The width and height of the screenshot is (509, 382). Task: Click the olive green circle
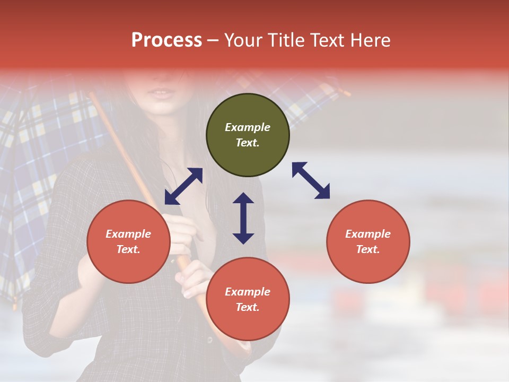tap(248, 135)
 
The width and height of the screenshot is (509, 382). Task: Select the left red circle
tap(128, 242)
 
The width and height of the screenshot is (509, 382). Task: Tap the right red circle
tap(368, 242)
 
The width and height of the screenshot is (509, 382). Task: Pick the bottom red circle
tap(248, 299)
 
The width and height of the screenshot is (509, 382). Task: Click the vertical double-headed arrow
tap(243, 218)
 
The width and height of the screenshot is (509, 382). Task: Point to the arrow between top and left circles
tap(183, 186)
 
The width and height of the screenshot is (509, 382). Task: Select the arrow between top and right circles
tap(311, 180)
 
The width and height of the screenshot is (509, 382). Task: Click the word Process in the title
tap(166, 40)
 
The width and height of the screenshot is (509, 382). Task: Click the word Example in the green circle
tap(248, 127)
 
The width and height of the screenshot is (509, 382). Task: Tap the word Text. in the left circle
tap(128, 249)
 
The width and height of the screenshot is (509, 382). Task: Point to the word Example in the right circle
tap(368, 234)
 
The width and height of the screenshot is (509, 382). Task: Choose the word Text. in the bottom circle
tap(248, 307)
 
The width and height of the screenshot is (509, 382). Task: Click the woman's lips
tap(162, 93)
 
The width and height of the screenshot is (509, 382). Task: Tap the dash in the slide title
tap(213, 40)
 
